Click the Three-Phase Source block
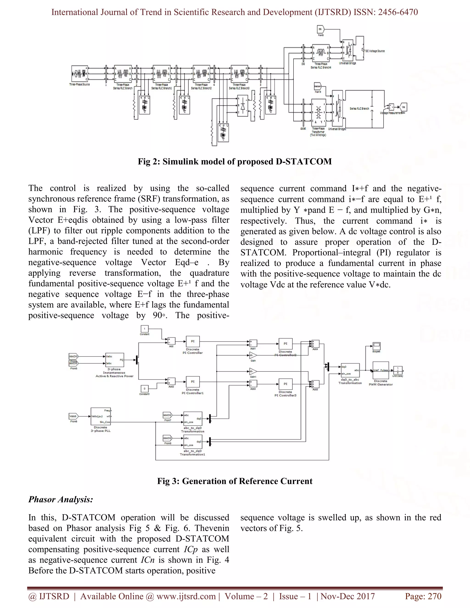pyautogui.click(x=80, y=74)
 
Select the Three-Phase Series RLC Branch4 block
pyautogui.click(x=321, y=52)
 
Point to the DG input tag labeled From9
pyautogui.click(x=322, y=29)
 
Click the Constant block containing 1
pyautogui.click(x=145, y=329)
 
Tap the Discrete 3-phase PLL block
pyautogui.click(x=101, y=416)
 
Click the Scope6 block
pyautogui.click(x=376, y=346)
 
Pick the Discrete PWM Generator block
pyautogui.click(x=381, y=370)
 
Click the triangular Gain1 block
pyautogui.click(x=253, y=371)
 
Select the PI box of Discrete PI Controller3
pyautogui.click(x=285, y=384)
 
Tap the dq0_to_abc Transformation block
pyautogui.click(x=350, y=371)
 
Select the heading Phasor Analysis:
pyautogui.click(x=61, y=499)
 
